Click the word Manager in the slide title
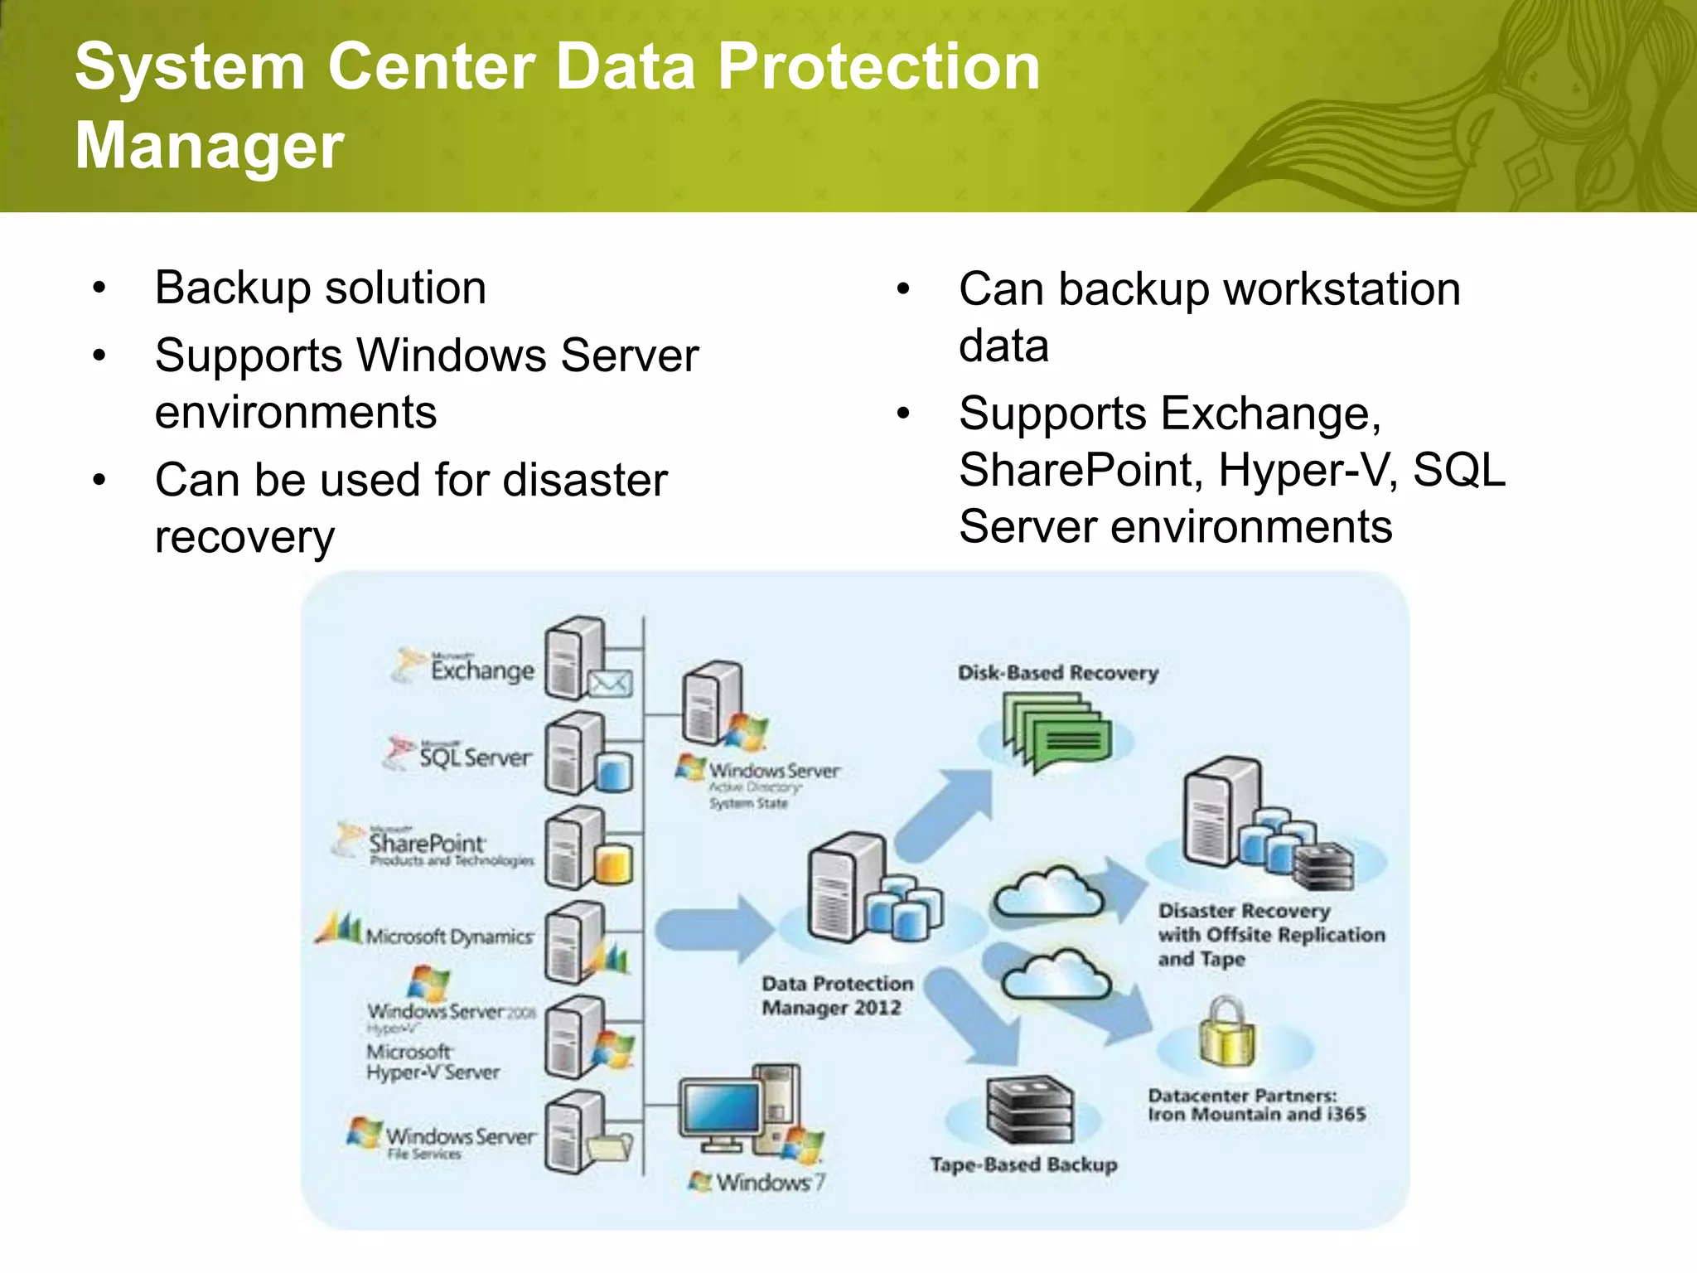[209, 145]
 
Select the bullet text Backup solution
[320, 288]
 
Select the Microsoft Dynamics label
[448, 936]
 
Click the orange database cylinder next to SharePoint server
[613, 864]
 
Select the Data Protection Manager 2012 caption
[837, 995]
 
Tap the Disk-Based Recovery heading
[1057, 672]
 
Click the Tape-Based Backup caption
[1023, 1164]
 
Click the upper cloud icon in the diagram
[1049, 892]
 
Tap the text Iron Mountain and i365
[1256, 1114]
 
